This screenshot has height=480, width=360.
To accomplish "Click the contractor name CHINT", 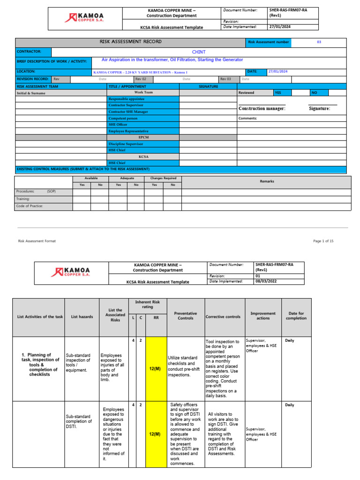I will tap(199, 52).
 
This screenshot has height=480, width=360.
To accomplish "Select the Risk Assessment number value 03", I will tap(319, 42).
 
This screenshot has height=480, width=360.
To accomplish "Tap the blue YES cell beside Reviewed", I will tap(282, 93).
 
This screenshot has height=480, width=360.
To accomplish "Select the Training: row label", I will tap(23, 199).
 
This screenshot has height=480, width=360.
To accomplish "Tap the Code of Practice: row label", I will tap(30, 206).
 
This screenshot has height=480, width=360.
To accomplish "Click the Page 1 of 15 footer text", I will tap(323, 241).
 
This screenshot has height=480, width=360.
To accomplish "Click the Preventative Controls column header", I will tap(185, 316).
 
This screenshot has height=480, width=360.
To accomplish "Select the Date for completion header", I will tap(296, 315).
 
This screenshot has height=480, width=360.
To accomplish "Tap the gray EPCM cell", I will tap(143, 138).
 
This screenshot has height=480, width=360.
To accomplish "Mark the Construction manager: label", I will tap(262, 109).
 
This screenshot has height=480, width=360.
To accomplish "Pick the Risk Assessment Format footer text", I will tap(37, 241).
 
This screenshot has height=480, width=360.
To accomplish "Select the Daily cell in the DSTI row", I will tap(289, 405).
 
